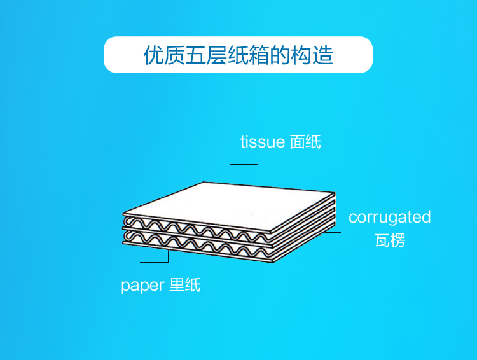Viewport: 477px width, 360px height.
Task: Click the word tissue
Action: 262,142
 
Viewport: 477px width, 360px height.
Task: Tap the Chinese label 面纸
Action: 305,142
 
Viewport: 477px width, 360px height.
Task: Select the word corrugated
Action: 389,218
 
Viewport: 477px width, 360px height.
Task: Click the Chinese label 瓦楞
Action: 390,241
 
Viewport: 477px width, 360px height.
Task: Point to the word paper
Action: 142,286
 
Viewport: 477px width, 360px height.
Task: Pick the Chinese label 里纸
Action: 185,286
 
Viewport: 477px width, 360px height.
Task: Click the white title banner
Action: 238,55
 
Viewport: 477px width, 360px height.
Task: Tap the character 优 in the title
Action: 153,55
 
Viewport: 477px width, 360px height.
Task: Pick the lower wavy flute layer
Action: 210,244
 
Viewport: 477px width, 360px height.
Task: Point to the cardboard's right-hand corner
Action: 333,194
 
